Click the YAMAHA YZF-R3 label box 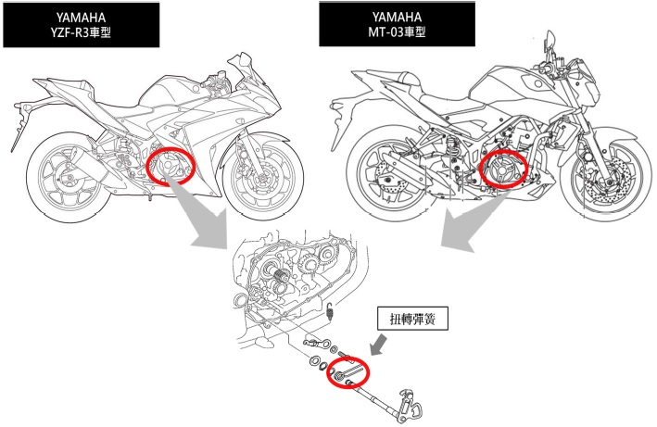82,25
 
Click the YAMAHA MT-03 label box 397,24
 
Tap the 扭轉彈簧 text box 412,320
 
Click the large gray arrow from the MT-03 474,220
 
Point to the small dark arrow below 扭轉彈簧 379,345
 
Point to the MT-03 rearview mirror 550,40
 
